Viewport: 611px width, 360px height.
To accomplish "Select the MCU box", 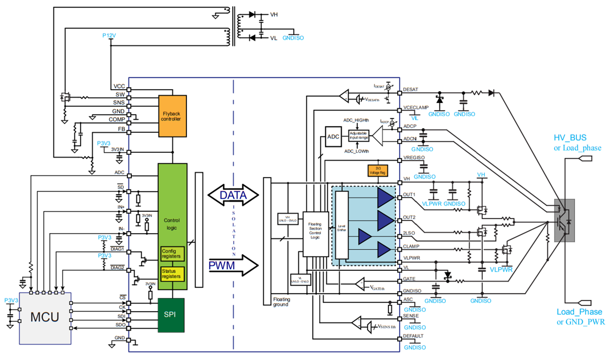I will pos(45,317).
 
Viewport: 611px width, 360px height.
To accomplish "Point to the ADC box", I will pos(333,137).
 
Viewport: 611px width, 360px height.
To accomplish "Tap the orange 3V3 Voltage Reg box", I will pos(377,171).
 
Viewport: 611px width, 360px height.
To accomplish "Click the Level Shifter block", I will pos(341,226).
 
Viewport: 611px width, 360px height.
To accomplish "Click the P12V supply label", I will pos(109,36).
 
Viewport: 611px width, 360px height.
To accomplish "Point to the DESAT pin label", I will pos(410,89).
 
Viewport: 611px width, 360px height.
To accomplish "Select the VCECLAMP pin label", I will pos(416,107).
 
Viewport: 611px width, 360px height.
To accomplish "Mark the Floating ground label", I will pos(282,302).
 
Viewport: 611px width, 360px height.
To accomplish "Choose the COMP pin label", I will pos(117,119).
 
